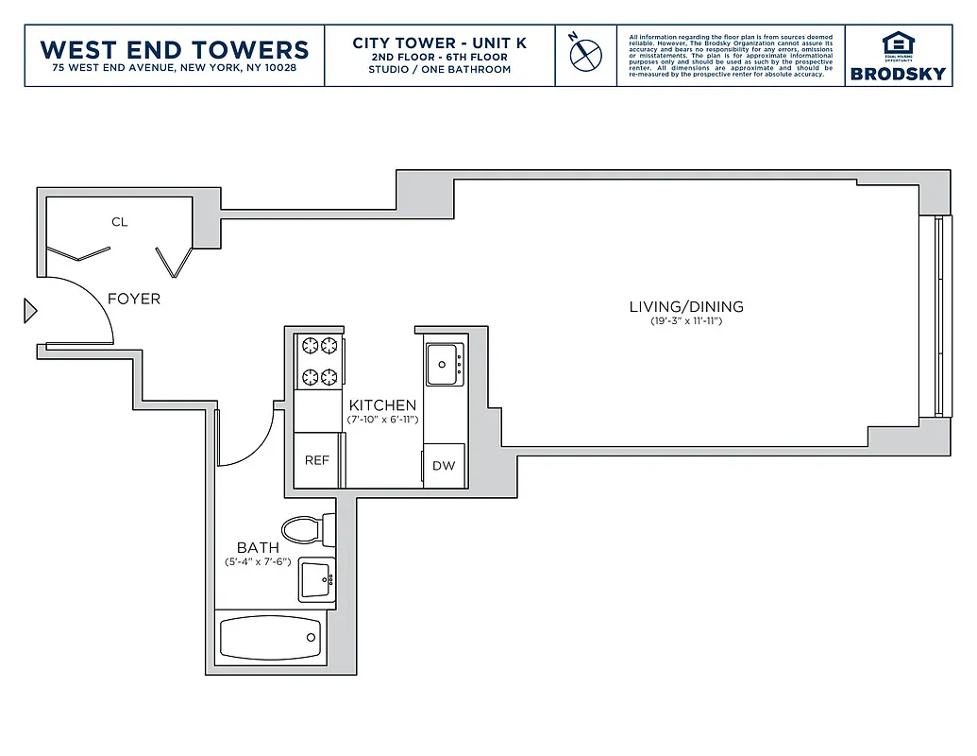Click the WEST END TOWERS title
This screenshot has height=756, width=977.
[175, 49]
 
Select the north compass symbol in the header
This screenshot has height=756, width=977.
[585, 53]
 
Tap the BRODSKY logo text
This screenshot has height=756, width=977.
[897, 74]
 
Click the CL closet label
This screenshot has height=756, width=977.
[119, 222]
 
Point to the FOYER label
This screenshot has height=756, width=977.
[134, 299]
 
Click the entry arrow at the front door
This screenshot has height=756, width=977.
[30, 310]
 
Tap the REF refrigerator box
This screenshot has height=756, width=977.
[316, 460]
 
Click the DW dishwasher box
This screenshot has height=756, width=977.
[444, 466]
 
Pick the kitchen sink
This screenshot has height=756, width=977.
[445, 364]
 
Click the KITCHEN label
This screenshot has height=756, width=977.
[382, 405]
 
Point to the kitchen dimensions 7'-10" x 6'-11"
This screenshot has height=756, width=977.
[382, 419]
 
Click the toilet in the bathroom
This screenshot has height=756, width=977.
[308, 530]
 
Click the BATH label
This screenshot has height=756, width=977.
[258, 547]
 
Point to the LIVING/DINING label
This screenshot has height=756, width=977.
[686, 307]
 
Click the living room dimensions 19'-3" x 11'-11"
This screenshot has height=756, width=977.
[686, 322]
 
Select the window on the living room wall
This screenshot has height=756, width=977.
[937, 317]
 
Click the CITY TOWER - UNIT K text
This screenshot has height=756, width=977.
[440, 43]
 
